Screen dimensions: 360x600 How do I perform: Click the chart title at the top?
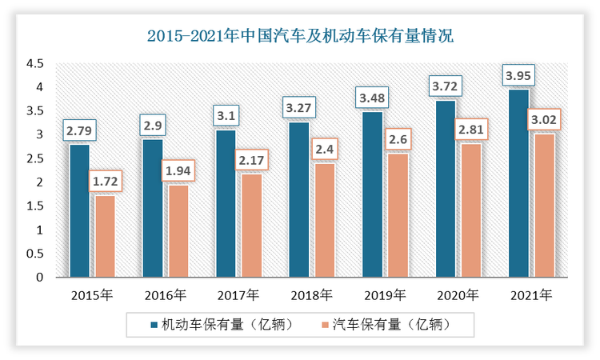(300, 36)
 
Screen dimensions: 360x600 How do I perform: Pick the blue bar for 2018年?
(298, 200)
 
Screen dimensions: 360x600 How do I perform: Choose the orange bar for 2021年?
(544, 206)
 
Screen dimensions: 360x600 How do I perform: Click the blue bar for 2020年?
(445, 189)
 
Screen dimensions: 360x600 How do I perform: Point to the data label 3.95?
(518, 77)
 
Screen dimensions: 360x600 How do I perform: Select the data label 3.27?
(299, 106)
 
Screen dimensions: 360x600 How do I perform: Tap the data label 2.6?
(398, 140)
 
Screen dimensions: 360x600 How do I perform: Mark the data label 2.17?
(251, 161)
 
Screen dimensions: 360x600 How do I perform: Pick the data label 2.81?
(471, 130)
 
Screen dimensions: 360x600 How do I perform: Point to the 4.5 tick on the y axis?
(34, 63)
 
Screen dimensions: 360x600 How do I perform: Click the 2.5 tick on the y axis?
(34, 158)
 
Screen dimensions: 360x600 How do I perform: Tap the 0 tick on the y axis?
(39, 278)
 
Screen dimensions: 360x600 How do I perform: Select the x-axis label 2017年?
(238, 295)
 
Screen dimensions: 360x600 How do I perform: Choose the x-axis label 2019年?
(384, 295)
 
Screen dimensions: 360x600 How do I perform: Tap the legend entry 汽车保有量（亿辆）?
(387, 325)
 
